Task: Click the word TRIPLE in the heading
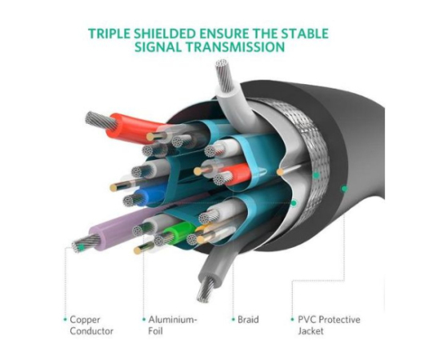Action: (x=109, y=34)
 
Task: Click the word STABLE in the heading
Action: (x=305, y=34)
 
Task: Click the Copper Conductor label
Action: (x=91, y=325)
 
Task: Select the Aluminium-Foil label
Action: (x=173, y=325)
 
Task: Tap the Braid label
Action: (x=248, y=319)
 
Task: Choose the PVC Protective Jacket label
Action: (x=329, y=325)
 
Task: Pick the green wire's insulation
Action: (x=179, y=231)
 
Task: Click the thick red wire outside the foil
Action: (x=134, y=126)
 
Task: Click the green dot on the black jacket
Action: (x=344, y=189)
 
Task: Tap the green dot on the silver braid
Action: (x=316, y=175)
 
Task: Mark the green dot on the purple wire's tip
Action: (x=82, y=247)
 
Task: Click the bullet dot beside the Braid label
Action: (x=234, y=319)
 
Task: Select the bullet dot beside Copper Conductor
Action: (x=66, y=319)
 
